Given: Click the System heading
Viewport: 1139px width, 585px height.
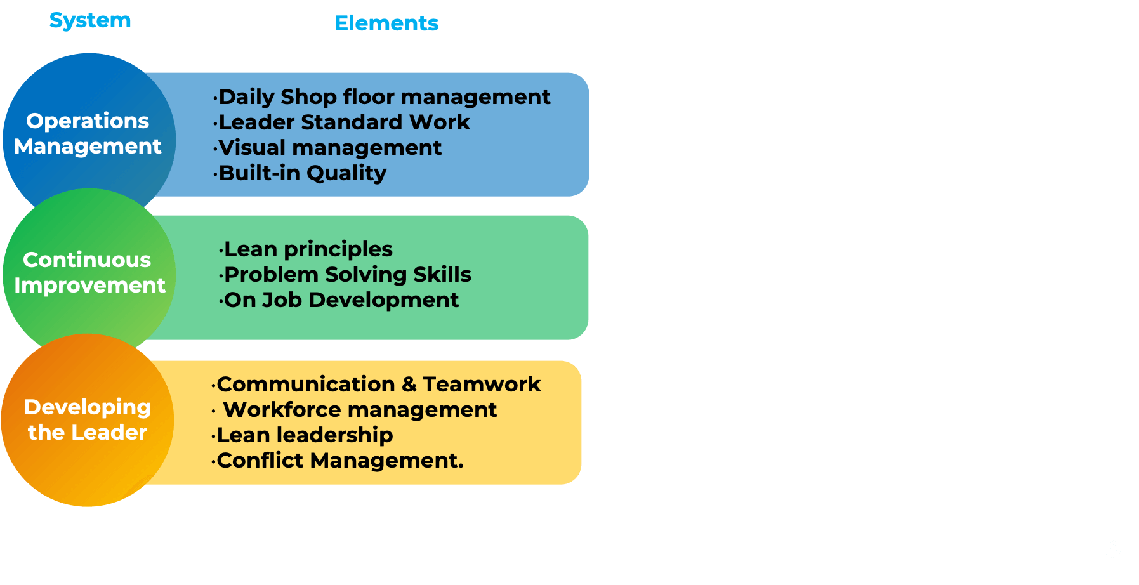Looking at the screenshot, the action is pos(90,21).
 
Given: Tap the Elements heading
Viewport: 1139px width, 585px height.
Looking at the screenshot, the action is pos(386,23).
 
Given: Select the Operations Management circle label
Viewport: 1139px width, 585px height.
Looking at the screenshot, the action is pos(88,133).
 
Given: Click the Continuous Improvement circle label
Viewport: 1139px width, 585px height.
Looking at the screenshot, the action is pos(89,272).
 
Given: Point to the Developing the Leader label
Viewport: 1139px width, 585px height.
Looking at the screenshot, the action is pos(88,419).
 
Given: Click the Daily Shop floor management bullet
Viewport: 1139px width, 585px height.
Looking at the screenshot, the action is pos(381,97).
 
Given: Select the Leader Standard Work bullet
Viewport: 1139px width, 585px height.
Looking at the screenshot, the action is pos(341,122).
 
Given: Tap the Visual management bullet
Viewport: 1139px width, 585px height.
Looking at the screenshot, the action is pos(327,148).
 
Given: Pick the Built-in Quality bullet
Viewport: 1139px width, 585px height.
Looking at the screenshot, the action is pos(300,173).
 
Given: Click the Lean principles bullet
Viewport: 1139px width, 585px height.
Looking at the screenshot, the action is pos(305,249).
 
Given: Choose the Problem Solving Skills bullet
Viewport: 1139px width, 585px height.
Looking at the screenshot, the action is pos(345,275).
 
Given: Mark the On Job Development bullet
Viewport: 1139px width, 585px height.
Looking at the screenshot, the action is pos(338,300).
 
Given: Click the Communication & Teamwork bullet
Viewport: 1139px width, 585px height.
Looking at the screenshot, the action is pos(376,385).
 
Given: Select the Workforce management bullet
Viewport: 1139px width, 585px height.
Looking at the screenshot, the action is pos(354,410).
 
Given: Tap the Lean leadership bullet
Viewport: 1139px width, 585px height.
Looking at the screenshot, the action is pos(302,435).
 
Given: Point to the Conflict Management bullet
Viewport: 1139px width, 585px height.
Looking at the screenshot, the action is pos(337,461).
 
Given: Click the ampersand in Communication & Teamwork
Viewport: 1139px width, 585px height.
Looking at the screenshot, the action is pos(409,385).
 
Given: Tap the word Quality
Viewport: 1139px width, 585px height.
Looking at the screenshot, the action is pos(346,173).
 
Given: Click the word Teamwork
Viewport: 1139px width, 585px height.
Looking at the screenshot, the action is pos(482,385).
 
